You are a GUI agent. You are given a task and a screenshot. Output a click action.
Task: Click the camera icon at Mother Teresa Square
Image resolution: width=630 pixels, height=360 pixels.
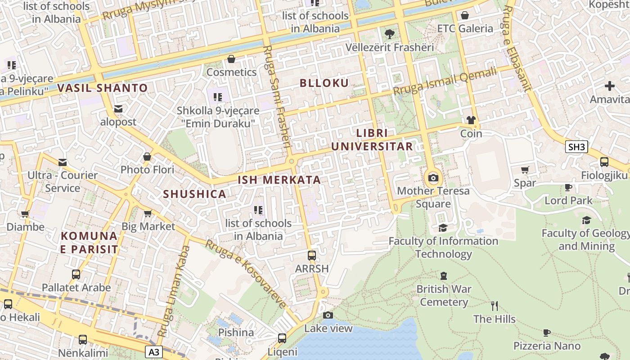433,178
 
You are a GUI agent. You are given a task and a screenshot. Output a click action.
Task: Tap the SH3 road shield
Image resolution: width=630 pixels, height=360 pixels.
577,147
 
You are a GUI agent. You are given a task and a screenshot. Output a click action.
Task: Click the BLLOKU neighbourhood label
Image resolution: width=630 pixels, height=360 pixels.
324,83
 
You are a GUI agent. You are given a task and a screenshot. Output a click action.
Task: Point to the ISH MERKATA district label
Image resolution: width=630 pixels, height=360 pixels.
279,180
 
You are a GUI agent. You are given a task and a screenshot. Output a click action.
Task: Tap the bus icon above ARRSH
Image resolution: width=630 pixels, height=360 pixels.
311,256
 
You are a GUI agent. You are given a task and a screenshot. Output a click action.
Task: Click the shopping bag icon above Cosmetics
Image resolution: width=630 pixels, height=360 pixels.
231,59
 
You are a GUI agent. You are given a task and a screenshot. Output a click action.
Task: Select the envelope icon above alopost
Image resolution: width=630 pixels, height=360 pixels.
118,109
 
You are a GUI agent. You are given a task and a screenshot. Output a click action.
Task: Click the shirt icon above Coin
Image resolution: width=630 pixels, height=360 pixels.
471,120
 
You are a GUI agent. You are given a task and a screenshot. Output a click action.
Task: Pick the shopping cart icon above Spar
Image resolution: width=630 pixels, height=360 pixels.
525,170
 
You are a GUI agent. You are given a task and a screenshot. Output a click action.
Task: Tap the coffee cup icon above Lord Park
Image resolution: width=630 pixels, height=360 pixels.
568,187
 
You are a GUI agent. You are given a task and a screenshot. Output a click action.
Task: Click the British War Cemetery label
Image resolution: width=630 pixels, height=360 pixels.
444,295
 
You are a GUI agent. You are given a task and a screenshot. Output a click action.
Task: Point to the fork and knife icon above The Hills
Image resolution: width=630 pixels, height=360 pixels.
495,306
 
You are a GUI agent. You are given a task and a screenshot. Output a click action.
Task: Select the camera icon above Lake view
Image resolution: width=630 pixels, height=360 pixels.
328,315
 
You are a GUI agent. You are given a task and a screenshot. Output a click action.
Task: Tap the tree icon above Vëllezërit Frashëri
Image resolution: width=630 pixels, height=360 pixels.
390,34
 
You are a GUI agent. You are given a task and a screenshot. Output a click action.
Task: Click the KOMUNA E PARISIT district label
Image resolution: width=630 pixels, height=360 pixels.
89,242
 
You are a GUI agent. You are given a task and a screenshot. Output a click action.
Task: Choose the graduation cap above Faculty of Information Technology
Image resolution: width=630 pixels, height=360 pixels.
443,228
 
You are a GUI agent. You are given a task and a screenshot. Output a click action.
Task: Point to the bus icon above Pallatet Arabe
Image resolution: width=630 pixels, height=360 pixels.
76,274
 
